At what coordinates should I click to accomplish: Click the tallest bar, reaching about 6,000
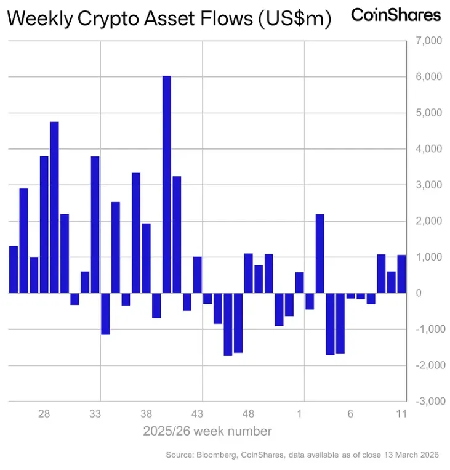click(x=166, y=184)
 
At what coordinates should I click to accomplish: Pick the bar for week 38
click(x=146, y=258)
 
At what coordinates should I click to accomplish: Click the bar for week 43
click(x=197, y=275)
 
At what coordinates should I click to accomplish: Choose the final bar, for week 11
click(x=401, y=274)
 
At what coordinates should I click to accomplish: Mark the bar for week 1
click(x=299, y=283)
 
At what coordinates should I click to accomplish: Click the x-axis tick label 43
click(x=197, y=414)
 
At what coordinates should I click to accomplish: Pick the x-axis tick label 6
click(x=350, y=414)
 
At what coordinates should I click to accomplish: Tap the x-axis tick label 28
click(x=44, y=414)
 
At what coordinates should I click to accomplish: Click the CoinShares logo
click(x=396, y=15)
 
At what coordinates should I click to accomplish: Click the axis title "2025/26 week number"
click(x=206, y=430)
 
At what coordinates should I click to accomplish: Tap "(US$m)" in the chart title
click(x=293, y=19)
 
